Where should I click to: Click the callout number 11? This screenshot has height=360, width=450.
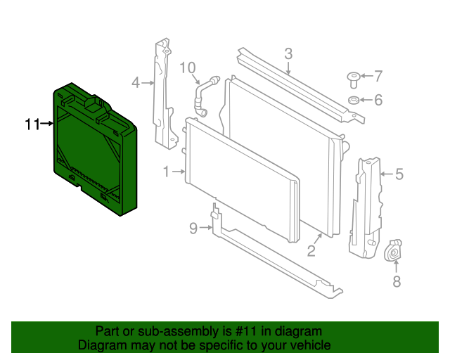coord(31,124)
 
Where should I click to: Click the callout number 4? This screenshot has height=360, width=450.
coord(136,83)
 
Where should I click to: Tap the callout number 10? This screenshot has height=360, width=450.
coord(187,67)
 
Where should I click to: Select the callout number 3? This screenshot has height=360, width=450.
coord(288,53)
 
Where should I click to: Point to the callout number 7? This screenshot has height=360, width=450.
coord(378,76)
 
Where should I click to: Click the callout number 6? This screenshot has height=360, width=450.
coord(378,100)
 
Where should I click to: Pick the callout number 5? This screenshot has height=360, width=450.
coord(399,173)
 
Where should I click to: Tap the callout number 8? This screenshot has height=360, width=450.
coord(396,282)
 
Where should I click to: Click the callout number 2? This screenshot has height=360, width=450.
coord(310,250)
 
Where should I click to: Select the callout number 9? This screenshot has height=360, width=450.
coord(194,227)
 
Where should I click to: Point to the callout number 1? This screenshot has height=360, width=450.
coord(167,172)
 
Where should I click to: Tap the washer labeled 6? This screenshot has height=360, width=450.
coord(354,100)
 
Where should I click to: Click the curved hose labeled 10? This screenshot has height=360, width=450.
coord(205,91)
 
